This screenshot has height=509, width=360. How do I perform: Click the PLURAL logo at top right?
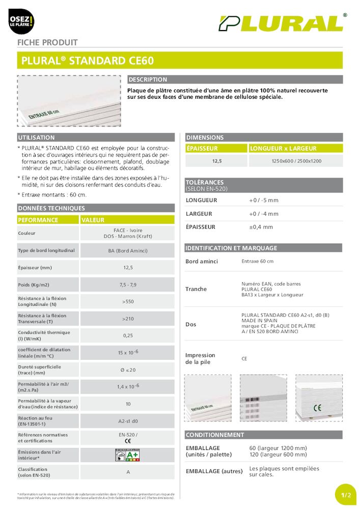tap(281, 23)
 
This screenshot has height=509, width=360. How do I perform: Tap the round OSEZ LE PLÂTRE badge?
tap(21, 21)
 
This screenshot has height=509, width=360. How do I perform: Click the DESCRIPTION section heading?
tap(148, 80)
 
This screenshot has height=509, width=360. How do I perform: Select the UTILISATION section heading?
tap(36, 137)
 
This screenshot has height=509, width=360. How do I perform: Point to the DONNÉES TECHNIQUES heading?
tap(51, 208)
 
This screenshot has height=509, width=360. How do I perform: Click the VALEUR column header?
tap(93, 220)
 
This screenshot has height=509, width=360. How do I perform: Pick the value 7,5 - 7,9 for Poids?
tap(127, 285)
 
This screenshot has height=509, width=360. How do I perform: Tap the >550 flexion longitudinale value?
tap(127, 301)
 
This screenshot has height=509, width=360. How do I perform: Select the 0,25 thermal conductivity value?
tap(127, 336)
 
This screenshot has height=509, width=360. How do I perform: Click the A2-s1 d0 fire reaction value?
tap(127, 421)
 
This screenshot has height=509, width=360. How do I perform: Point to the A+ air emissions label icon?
tap(127, 455)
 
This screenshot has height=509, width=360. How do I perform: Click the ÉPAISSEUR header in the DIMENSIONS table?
tap(202, 149)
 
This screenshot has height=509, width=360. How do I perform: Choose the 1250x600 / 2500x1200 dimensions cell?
tap(297, 161)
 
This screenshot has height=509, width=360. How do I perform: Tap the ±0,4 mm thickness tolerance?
tap(261, 227)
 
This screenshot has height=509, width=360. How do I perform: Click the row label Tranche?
tap(196, 289)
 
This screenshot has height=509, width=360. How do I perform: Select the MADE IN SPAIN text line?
tap(260, 321)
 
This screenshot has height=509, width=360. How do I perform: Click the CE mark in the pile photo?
tap(317, 407)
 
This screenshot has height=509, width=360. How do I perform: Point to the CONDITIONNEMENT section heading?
tap(215, 435)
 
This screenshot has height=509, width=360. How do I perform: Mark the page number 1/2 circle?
tap(346, 494)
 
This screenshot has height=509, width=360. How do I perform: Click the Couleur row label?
tap(26, 234)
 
